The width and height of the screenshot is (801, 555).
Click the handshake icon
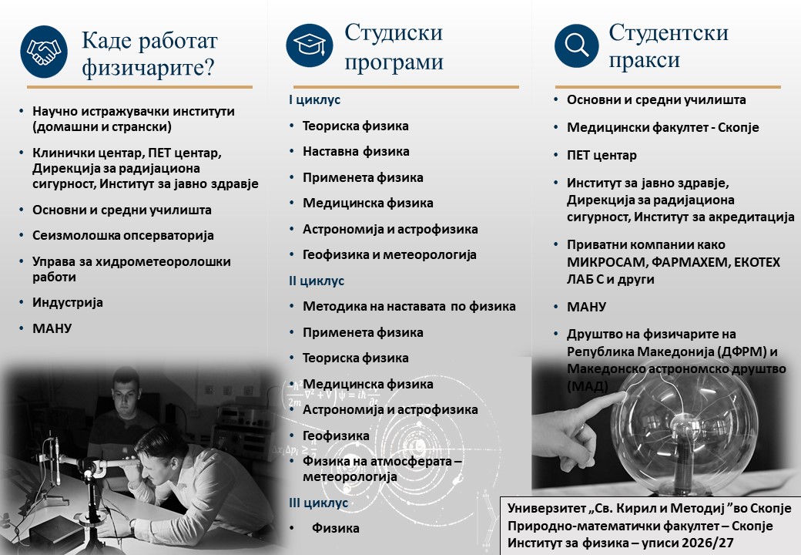(44, 52)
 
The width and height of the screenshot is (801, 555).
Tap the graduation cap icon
(309, 45)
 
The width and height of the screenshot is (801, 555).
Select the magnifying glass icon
(577, 45)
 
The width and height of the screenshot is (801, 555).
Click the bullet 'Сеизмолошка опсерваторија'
(123, 236)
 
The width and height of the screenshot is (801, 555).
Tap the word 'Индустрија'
(68, 302)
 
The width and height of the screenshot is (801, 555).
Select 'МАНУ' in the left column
(52, 328)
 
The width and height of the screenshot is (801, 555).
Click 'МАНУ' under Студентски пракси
(586, 307)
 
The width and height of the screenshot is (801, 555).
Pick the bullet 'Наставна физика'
(356, 151)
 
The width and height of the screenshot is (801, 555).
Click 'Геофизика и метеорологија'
(390, 254)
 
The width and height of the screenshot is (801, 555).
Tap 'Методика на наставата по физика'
(409, 306)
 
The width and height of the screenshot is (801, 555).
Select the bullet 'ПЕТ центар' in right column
(602, 155)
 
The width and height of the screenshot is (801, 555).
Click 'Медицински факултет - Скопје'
(663, 127)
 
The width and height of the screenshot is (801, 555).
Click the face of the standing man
(126, 393)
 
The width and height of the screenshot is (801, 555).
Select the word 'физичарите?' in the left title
(148, 67)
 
